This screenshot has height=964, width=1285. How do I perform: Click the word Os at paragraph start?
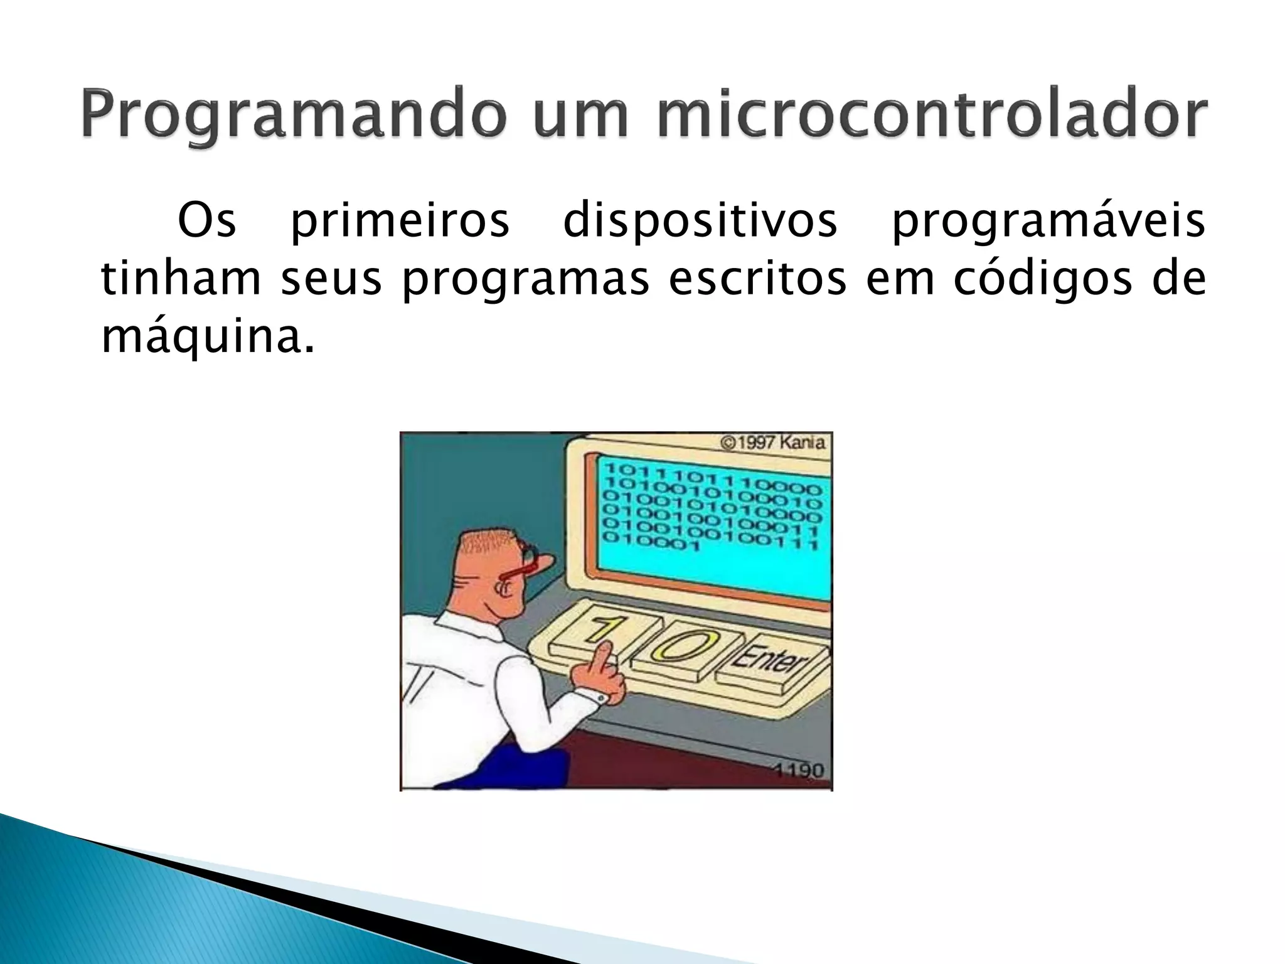(x=206, y=220)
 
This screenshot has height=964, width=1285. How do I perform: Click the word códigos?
(x=1043, y=279)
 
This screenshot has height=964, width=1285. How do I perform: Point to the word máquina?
(x=207, y=337)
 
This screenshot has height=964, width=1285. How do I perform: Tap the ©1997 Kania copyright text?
(x=773, y=442)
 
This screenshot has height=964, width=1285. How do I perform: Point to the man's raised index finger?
(x=604, y=656)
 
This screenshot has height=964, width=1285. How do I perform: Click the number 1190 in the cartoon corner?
(x=797, y=769)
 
